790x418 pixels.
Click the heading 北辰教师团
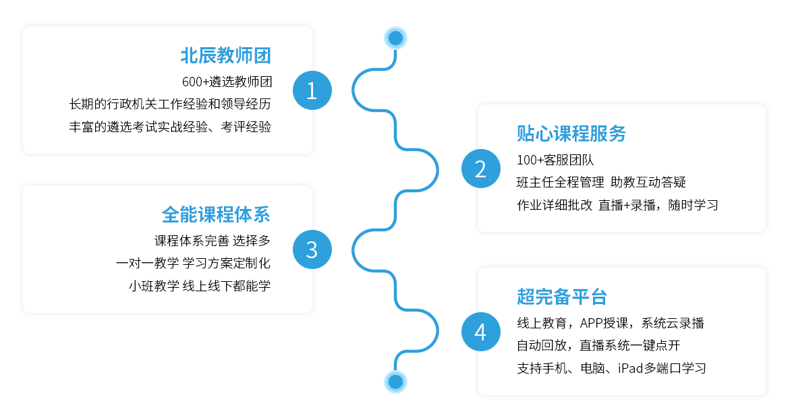[x=225, y=55]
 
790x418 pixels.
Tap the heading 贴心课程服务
[x=571, y=133]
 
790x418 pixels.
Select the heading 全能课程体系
[x=216, y=214]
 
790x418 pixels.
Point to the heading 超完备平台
[x=562, y=296]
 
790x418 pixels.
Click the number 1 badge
[x=312, y=90]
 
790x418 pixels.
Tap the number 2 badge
[x=480, y=169]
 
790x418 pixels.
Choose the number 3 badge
[x=312, y=249]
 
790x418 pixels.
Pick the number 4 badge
[x=480, y=331]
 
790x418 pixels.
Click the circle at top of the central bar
[x=395, y=38]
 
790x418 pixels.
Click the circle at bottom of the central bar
[x=395, y=382]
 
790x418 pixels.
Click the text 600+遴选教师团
[x=227, y=82]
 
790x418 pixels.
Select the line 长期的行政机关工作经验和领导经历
[x=170, y=104]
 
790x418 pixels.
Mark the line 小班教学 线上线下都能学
[x=199, y=285]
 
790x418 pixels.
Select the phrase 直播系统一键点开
[x=629, y=346]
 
